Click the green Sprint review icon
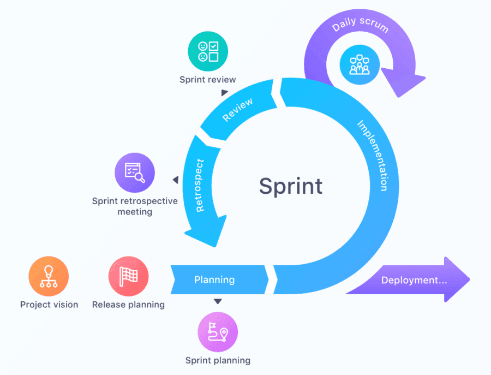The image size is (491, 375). tap(208, 51)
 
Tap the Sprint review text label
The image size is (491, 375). tap(208, 80)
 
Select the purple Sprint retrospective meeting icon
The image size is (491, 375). tap(135, 172)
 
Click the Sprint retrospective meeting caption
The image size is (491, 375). tap(135, 206)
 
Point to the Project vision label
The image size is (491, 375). tap(49, 305)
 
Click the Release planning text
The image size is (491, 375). tap(128, 305)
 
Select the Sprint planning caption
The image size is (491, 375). tap(218, 360)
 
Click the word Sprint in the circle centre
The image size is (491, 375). tap(290, 186)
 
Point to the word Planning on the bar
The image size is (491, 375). tap(214, 280)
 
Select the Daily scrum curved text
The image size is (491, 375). tap(360, 25)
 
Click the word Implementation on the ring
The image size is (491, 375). tap(373, 155)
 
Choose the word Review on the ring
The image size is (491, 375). tap(237, 109)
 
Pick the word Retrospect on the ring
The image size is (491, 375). tap(199, 186)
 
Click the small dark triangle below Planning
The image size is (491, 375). tap(218, 301)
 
